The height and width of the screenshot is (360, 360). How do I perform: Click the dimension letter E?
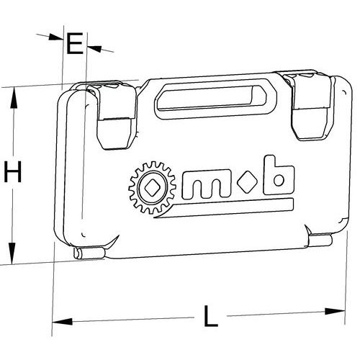[x=75, y=43]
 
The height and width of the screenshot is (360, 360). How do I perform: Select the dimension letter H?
[x=13, y=171]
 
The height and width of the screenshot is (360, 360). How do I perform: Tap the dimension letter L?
[x=211, y=316]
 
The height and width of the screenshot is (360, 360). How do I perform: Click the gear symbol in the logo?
[x=152, y=188]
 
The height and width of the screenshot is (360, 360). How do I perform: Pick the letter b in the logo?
[x=279, y=175]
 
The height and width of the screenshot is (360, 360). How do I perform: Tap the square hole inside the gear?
[x=152, y=188]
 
